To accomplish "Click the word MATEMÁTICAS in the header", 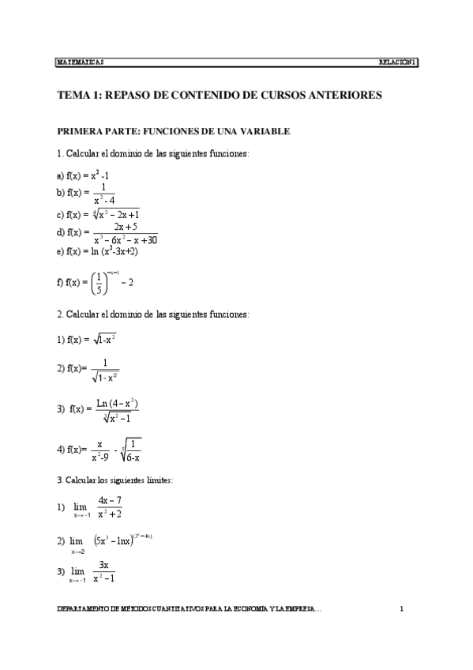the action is (81, 62).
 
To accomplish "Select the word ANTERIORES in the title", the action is (343, 96).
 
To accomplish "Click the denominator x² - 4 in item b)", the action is (103, 199).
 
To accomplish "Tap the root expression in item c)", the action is (115, 214).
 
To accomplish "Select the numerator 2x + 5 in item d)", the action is (126, 227).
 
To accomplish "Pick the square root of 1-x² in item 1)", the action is (105, 339).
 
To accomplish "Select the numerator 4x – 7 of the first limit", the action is (109, 500).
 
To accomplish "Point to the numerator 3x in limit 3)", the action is (103, 566).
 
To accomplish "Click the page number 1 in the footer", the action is (402, 609).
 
